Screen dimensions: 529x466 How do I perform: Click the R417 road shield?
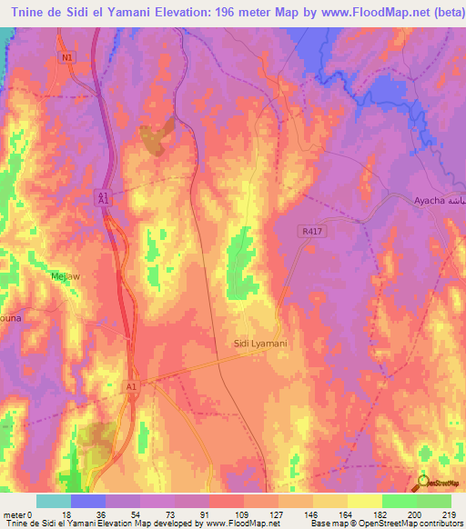(310, 233)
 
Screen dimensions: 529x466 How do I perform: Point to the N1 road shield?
(66, 57)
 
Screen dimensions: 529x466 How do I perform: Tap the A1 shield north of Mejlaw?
(104, 196)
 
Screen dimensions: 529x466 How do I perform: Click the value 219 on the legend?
(449, 514)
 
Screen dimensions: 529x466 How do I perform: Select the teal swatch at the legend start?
(54, 501)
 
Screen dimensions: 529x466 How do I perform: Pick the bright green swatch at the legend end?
(434, 501)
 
